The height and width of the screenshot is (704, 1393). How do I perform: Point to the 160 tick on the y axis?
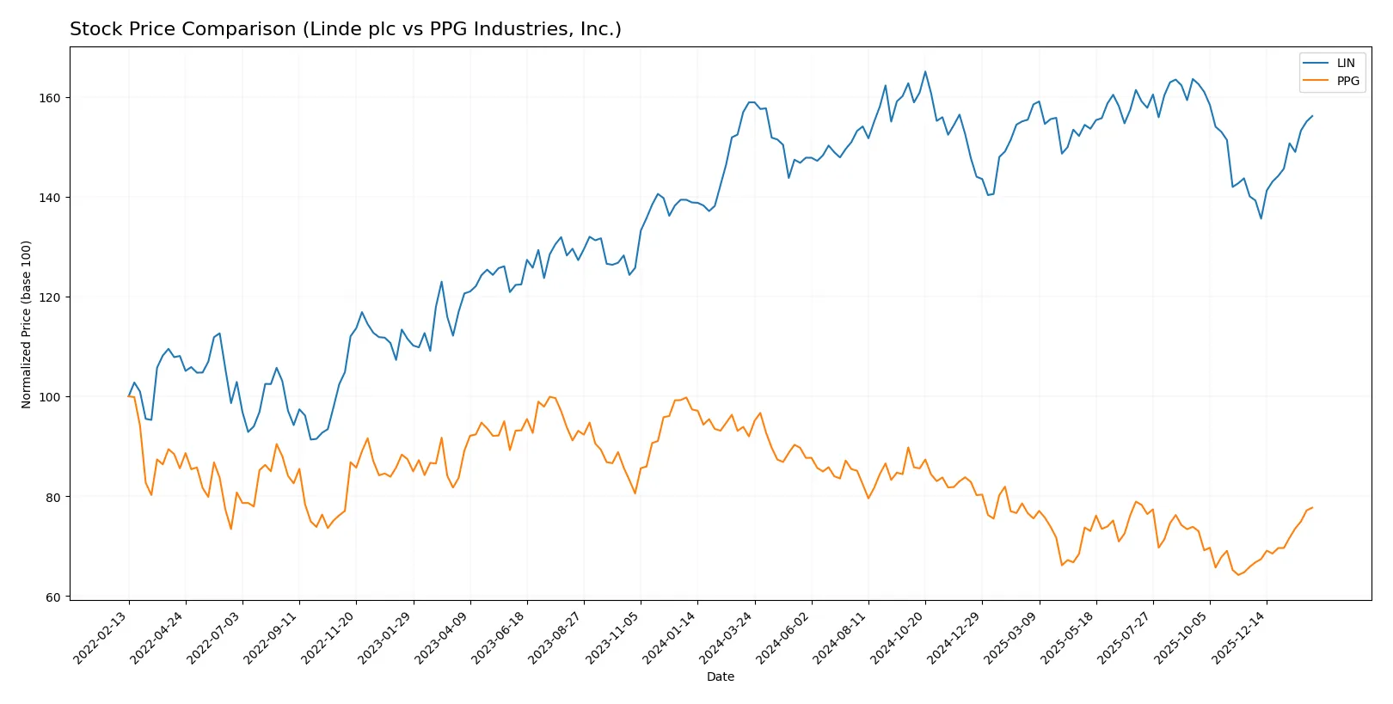tap(50, 98)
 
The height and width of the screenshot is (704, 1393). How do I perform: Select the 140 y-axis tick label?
tap(50, 198)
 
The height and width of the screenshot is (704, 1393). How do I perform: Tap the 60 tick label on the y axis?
tap(53, 597)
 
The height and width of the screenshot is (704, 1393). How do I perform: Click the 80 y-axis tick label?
tap(53, 498)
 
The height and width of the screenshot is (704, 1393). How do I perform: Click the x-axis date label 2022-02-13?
tap(101, 637)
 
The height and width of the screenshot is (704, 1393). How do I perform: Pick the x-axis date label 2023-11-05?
tap(613, 637)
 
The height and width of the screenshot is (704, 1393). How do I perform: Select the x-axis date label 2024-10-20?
tap(898, 637)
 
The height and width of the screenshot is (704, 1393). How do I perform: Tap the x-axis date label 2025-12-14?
tap(1239, 637)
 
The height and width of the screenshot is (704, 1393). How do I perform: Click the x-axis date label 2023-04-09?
tap(443, 637)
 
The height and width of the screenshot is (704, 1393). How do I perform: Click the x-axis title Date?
tap(720, 677)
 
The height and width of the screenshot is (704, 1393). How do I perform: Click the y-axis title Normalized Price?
tap(27, 324)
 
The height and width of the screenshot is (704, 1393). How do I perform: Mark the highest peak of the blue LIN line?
tap(925, 71)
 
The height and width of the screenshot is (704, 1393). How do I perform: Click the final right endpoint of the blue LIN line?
tap(1312, 116)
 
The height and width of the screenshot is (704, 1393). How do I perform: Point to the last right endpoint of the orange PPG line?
tap(1312, 507)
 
